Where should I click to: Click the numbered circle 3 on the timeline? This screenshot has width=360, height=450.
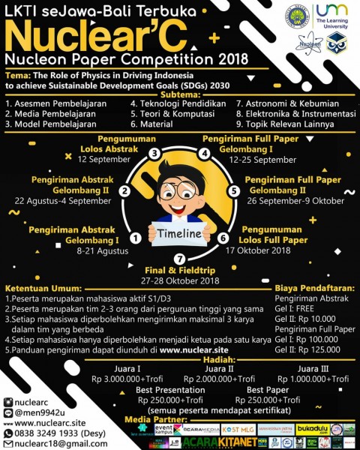coord(153,154)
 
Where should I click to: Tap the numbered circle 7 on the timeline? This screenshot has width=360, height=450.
coord(179,259)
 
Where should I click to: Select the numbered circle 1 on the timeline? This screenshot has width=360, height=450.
coord(135,238)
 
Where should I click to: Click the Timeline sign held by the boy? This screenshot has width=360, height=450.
coord(179,233)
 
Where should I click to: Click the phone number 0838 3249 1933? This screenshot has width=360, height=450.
coord(46,432)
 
